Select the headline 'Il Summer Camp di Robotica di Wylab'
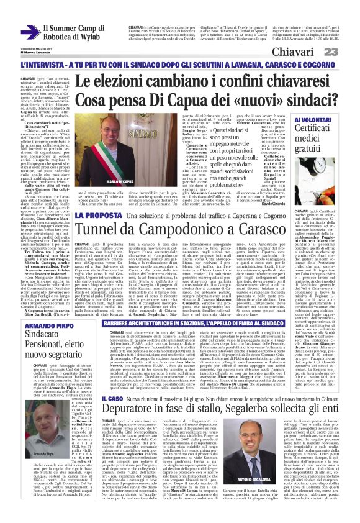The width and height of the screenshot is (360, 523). [x=68, y=32]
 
